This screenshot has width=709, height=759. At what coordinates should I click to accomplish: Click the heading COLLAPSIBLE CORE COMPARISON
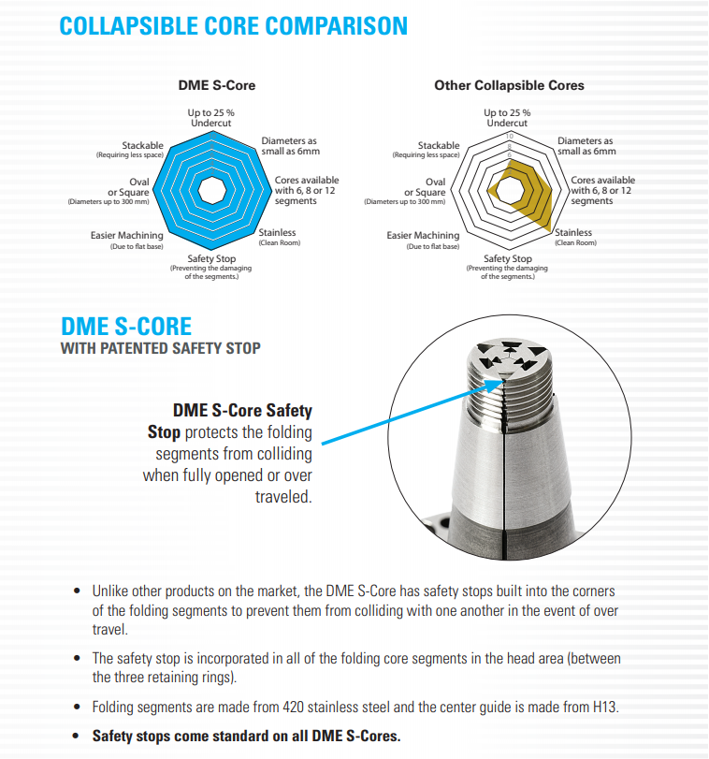(233, 25)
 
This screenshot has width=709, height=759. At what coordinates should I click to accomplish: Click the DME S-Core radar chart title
(216, 85)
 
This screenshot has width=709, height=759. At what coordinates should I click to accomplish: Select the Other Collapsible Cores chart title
(509, 85)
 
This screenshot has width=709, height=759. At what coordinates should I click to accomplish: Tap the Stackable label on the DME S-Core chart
(142, 145)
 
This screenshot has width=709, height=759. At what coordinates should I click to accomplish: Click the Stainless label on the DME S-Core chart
(277, 232)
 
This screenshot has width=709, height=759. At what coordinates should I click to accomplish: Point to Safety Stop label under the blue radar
(211, 258)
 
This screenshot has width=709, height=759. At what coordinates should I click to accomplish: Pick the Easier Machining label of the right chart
(423, 235)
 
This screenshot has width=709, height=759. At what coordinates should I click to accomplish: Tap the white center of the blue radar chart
(216, 187)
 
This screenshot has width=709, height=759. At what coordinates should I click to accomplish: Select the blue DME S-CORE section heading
(126, 327)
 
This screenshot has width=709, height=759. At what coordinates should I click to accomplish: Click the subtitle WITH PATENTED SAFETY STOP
(160, 349)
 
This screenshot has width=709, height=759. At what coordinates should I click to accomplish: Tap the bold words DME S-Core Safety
(242, 411)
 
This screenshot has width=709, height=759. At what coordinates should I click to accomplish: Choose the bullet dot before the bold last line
(77, 736)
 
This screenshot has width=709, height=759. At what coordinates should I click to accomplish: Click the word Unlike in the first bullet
(111, 591)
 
